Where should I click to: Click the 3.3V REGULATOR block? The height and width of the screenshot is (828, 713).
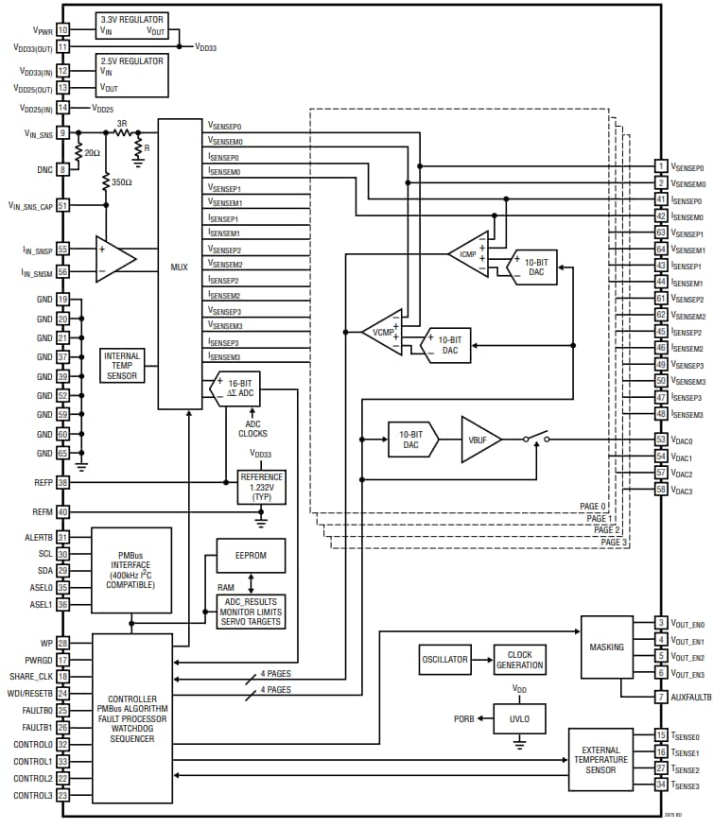pos(131,26)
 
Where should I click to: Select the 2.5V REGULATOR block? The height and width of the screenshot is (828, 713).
pos(131,74)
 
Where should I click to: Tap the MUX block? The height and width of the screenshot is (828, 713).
pos(180,265)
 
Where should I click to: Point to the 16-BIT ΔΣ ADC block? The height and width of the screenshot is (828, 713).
pos(236,389)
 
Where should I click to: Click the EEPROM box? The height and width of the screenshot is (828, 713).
pos(251,556)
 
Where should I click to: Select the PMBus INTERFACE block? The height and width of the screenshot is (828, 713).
pos(131,570)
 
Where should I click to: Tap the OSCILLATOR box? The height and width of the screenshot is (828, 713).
pos(444,660)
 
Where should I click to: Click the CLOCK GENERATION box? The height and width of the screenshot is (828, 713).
pos(520,660)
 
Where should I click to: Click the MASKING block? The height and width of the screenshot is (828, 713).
pos(605,647)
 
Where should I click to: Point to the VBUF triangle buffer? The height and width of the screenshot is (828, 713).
pos(478,440)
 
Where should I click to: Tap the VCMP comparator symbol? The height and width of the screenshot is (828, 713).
pos(383,332)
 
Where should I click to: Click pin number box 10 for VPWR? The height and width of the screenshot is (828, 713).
pos(63,30)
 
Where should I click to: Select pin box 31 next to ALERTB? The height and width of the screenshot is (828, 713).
pos(63,537)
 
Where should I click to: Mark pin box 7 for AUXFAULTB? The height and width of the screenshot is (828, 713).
pos(662,697)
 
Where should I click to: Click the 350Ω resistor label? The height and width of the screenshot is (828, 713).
pos(120,181)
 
